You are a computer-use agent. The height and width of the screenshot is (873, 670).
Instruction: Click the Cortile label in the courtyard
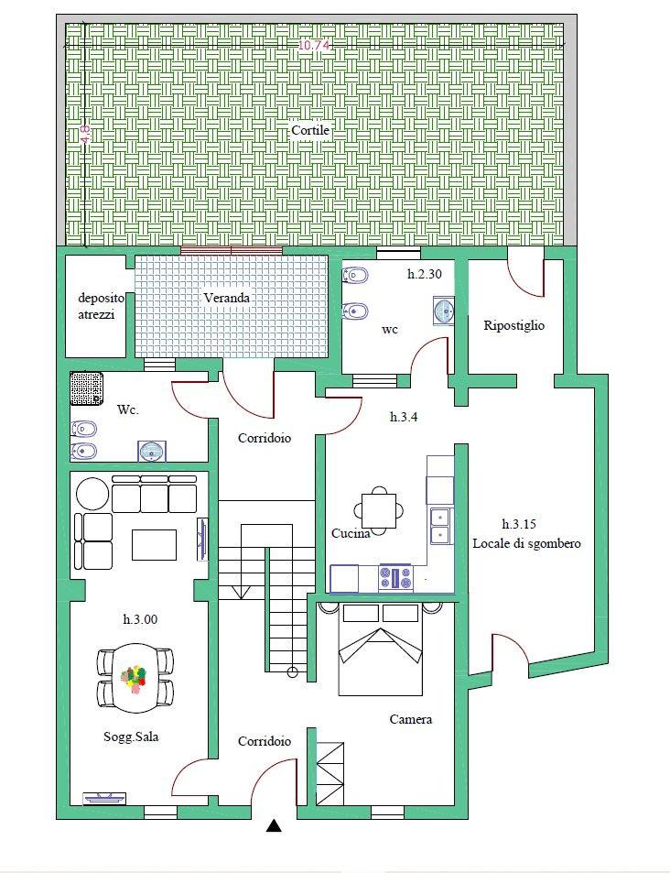tap(310, 131)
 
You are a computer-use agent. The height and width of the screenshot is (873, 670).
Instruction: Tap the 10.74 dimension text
tap(315, 46)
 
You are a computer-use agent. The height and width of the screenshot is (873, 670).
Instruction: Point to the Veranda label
tap(226, 298)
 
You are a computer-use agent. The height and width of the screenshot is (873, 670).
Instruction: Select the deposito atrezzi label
tap(101, 306)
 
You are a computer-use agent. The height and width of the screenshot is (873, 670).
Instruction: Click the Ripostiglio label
tap(513, 326)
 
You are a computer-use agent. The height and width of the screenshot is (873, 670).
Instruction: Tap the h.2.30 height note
tap(424, 274)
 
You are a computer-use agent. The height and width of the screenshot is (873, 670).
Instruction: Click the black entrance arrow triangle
tap(274, 825)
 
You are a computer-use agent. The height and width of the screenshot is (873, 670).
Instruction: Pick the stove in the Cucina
tap(395, 577)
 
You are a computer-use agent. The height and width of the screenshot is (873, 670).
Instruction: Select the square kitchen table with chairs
tap(379, 510)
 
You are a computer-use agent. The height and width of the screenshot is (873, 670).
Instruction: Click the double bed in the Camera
tap(380, 649)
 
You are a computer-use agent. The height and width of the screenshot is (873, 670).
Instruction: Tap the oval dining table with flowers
tap(135, 678)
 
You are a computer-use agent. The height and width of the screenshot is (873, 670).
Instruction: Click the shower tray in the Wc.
tap(87, 388)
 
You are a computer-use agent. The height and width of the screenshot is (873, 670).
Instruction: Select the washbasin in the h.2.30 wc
tap(444, 311)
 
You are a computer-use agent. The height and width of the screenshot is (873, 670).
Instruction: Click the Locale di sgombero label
tap(526, 543)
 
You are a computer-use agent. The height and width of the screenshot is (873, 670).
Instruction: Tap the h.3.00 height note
tap(140, 619)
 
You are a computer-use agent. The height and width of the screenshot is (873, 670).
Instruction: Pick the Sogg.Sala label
tap(131, 737)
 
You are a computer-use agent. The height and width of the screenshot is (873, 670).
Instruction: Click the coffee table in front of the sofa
tap(154, 544)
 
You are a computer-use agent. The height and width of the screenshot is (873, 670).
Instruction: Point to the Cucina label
tap(351, 533)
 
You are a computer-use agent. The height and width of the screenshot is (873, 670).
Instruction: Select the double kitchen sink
tap(440, 526)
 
